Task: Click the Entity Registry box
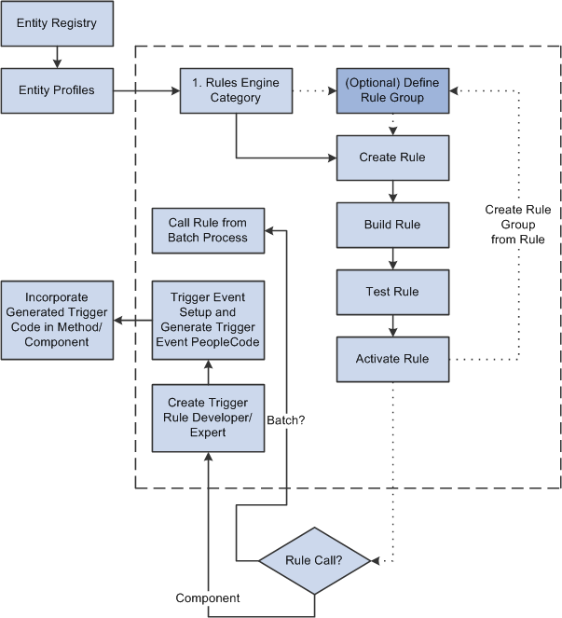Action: (57, 23)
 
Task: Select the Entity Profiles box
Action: (57, 90)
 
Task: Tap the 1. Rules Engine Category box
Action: (236, 90)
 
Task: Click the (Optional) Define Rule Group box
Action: (392, 90)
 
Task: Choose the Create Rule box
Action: (392, 158)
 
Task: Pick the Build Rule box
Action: (392, 225)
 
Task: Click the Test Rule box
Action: (392, 292)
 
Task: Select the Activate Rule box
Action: (392, 359)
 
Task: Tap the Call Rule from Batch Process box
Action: (208, 230)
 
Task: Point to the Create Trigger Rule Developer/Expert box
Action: (208, 418)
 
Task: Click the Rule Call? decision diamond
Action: (314, 561)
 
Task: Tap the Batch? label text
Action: (287, 420)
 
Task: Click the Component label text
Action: (206, 597)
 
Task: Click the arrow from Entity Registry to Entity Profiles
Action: (57, 57)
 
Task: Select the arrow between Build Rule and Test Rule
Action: (392, 258)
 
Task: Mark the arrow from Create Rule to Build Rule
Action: (392, 191)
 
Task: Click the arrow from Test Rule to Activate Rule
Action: (392, 325)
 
